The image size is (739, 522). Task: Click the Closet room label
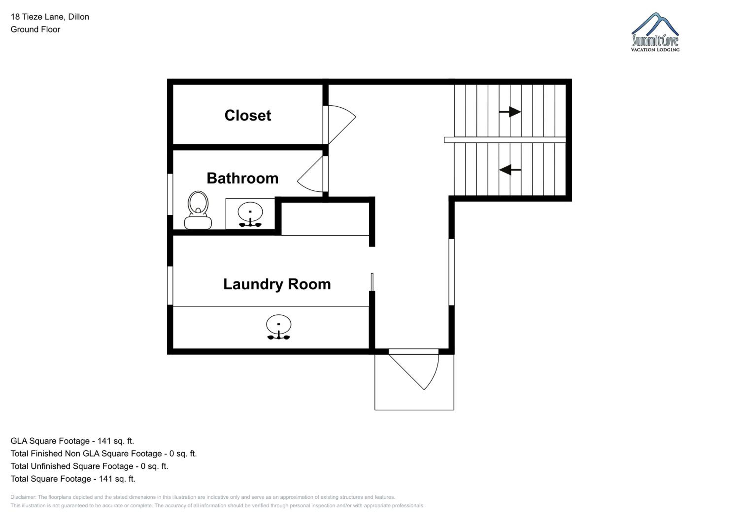[x=248, y=115]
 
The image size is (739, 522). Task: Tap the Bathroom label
[x=242, y=178]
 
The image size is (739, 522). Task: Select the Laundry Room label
[x=277, y=284]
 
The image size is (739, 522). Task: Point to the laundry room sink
[x=279, y=327]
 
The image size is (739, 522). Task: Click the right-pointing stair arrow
[x=510, y=112]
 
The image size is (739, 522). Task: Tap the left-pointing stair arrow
[x=510, y=170]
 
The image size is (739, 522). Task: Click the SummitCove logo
[x=655, y=32]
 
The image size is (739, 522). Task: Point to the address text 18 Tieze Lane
[x=37, y=17]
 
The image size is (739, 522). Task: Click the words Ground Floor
[x=35, y=29]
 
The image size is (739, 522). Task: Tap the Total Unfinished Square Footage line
[x=89, y=466]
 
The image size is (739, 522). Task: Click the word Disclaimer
[x=23, y=497]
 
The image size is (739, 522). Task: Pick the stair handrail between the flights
[x=505, y=140]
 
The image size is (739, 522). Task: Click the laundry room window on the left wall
[x=170, y=285]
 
